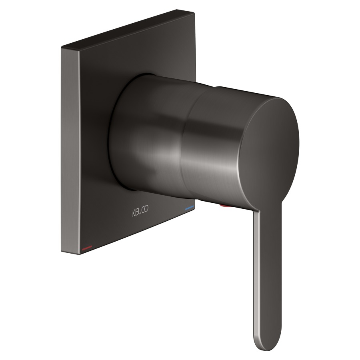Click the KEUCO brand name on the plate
click(140, 211)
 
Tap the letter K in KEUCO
click(134, 213)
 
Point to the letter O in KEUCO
click(146, 209)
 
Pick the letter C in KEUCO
click(143, 210)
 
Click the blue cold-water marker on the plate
click(190, 208)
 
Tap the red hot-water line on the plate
click(87, 248)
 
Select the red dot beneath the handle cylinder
click(226, 206)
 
